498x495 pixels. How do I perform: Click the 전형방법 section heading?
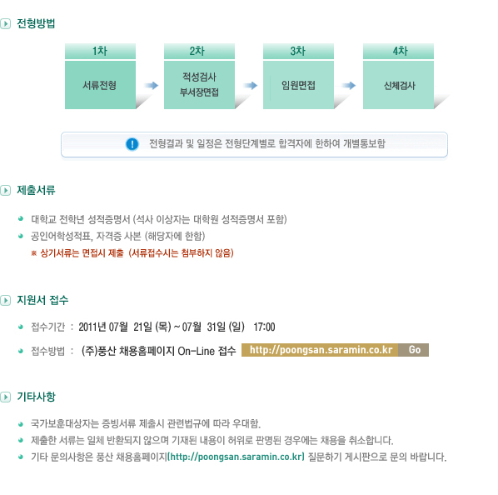coord(36,23)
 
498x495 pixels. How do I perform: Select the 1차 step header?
coord(100,51)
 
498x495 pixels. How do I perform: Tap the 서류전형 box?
coord(100,85)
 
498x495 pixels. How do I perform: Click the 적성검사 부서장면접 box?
coord(199,85)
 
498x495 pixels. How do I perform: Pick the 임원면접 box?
coord(298,85)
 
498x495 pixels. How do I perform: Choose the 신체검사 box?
coord(398,85)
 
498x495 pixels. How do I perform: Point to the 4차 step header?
coord(398,51)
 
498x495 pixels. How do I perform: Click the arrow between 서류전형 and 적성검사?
coord(151,85)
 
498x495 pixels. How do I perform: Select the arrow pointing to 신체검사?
coord(348,85)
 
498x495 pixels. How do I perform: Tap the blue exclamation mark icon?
coord(132,144)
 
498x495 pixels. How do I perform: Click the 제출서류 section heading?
coord(36,190)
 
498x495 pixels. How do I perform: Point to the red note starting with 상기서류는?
coord(132,252)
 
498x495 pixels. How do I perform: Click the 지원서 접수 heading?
coord(42,300)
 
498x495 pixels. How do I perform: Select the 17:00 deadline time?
coord(264,327)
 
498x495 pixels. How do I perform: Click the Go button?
coord(414,350)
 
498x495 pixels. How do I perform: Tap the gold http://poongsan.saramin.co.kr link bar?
coord(320,350)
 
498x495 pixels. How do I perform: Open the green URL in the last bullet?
coord(236,457)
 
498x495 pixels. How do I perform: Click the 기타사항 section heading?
coord(36,397)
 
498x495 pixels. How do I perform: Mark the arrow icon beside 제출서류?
coord(5,190)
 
